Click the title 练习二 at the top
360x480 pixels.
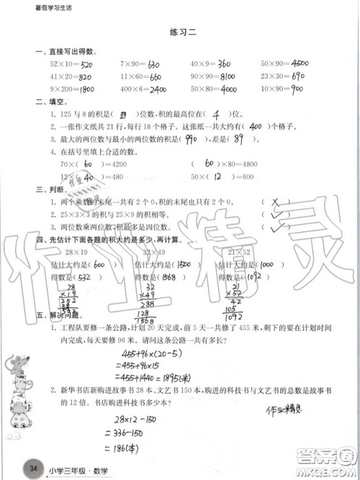[x=179, y=32]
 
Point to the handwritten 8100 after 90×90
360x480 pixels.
[x=228, y=76]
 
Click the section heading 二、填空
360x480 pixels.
[x=48, y=101]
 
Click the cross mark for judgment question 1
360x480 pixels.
[x=276, y=202]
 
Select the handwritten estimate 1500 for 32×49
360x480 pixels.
[x=183, y=264]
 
